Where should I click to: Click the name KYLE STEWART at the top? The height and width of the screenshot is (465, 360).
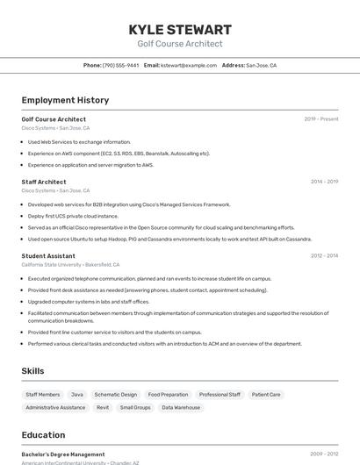tap(180, 30)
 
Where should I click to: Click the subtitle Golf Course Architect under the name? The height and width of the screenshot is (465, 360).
tap(180, 44)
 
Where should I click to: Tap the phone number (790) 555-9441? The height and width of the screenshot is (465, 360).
tap(120, 65)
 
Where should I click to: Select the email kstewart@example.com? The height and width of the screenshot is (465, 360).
tap(189, 65)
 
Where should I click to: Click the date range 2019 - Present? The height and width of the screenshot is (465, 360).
tap(320, 118)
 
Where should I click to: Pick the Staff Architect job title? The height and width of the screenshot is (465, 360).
tap(44, 182)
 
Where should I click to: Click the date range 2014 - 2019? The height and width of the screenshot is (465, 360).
tap(324, 182)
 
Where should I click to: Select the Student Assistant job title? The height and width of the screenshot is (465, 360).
tap(48, 256)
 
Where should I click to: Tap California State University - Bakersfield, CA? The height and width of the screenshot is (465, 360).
tap(70, 264)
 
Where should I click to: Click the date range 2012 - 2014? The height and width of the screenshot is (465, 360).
tap(324, 256)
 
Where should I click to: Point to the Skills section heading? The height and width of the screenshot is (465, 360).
tap(32, 371)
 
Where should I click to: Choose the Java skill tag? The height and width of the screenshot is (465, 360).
tap(77, 395)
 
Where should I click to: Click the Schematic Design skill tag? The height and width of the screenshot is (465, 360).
tap(116, 395)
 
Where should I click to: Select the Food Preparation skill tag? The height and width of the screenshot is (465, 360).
tap(168, 395)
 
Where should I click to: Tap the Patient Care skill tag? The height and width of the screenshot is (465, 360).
tap(266, 395)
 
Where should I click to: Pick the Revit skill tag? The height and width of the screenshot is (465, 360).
tap(103, 407)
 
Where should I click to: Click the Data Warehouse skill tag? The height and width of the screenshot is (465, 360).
tap(181, 407)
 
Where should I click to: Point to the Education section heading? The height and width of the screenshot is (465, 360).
tap(43, 434)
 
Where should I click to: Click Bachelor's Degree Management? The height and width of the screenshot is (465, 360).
tap(63, 454)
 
